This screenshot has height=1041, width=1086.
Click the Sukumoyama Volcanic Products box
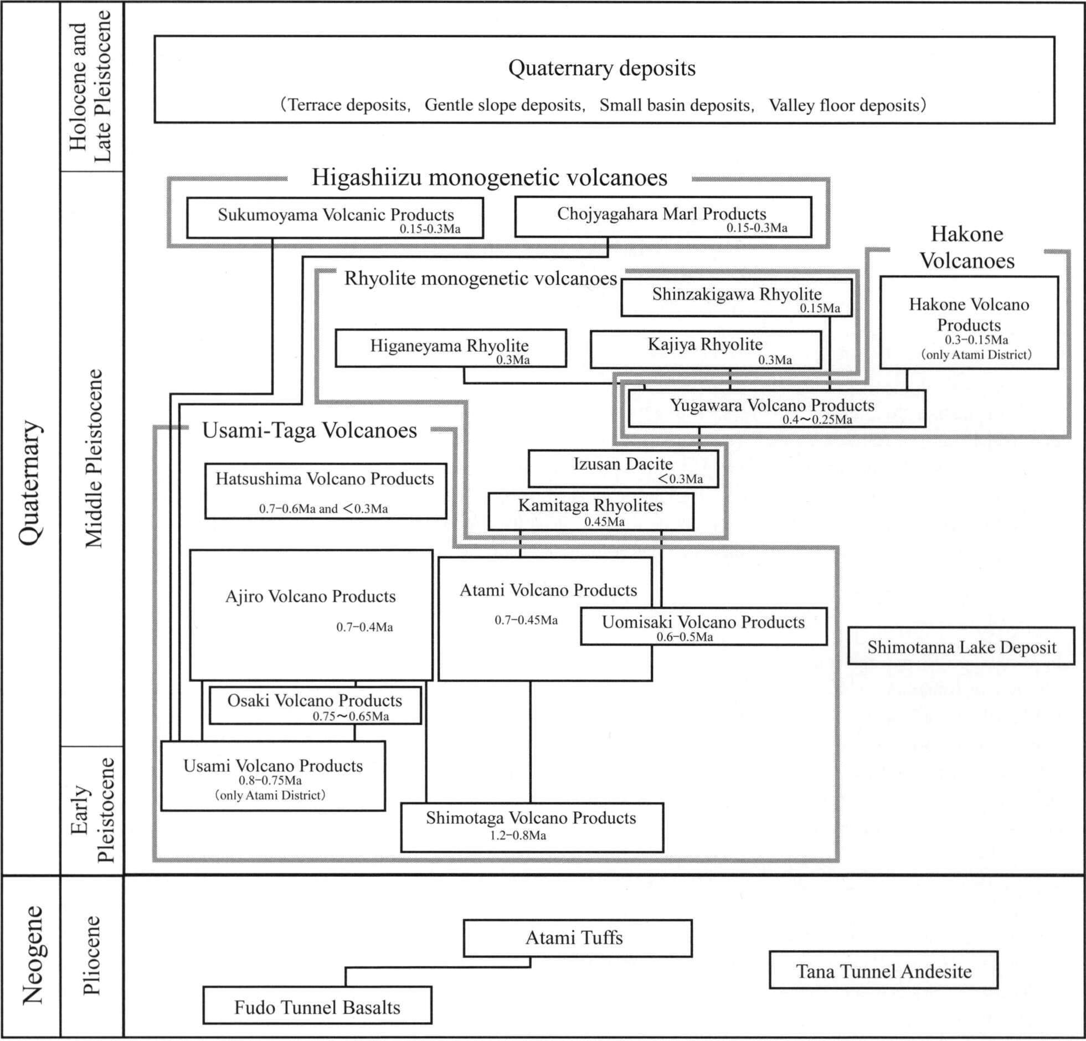[x=334, y=218]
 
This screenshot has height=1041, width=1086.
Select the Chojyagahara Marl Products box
[x=663, y=217]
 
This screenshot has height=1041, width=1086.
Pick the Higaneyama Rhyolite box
[x=450, y=348]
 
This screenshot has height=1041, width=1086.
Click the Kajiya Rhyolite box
[x=706, y=349]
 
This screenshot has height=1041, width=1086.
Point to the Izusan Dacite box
[x=623, y=467]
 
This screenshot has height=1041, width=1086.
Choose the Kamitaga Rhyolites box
[x=590, y=511]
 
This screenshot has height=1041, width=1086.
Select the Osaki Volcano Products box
[x=315, y=705]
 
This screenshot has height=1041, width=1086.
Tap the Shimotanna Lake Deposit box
[x=961, y=646]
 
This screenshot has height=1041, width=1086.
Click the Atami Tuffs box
[x=578, y=938]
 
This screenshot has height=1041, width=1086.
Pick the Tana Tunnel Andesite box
[x=883, y=970]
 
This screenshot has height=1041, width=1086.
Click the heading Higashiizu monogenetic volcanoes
[x=489, y=178]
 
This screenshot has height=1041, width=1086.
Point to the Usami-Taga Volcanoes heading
[x=309, y=430]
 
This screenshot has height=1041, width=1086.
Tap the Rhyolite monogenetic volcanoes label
[x=480, y=278]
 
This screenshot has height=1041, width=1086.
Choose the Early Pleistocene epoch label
[x=92, y=810]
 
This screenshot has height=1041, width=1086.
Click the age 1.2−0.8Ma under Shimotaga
[x=518, y=835]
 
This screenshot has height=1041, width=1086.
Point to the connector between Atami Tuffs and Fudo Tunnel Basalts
[x=438, y=968]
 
